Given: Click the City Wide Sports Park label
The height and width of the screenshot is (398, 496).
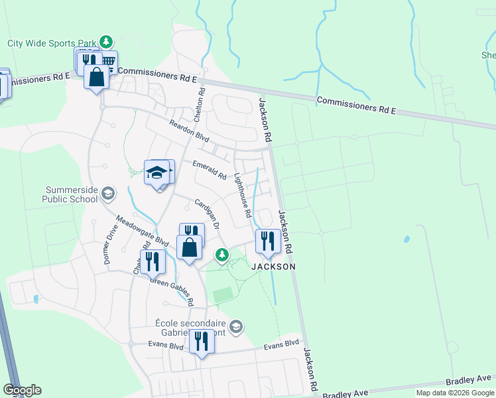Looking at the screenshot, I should pos(50,43).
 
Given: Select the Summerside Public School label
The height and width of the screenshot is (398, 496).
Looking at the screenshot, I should pos(70,194).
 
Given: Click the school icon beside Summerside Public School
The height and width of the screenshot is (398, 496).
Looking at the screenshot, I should pos(108,194).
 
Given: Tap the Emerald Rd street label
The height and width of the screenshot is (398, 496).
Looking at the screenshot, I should pos(210,170).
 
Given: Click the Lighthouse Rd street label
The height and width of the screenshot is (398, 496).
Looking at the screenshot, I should pos(243,196).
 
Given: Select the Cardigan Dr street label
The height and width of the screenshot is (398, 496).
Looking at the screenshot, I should pos(207,214).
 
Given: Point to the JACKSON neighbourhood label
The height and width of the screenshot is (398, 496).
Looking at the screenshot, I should pos(273,266).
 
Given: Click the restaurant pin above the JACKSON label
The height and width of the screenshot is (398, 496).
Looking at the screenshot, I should pos(268,241).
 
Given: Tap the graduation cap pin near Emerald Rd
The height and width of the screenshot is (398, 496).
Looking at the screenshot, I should pos(156,173).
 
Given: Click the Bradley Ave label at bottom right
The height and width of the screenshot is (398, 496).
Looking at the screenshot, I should pos(468,380).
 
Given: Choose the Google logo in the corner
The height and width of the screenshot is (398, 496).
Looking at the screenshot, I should pos(22,390).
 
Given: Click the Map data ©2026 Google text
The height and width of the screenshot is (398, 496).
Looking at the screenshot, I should pos(455,393).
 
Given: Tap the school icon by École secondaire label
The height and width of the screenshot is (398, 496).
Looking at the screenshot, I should pos(237,326).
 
